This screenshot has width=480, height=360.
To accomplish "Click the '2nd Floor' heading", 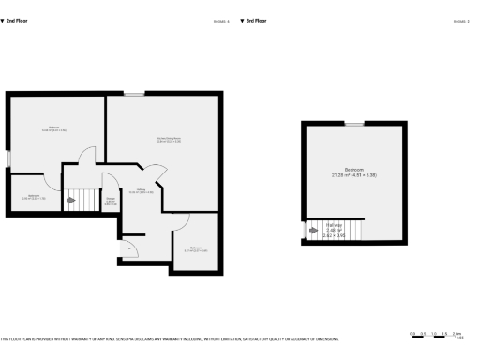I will coord(15,20).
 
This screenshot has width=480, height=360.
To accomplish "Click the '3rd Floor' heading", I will coord(255,20).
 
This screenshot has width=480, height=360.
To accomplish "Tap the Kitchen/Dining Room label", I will coord(168,141).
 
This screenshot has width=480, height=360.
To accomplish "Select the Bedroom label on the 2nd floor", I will coord(53,129).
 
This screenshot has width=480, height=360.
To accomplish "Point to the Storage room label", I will coord(110,201).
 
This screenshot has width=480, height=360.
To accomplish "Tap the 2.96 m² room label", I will coord(34,197).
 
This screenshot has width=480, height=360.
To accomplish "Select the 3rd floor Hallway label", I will coord(334,228).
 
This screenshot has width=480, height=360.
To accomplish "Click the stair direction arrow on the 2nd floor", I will coord(69,200).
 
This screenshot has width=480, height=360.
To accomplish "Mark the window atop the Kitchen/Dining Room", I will coord(136,93).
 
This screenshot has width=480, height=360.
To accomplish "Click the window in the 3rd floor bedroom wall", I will coord(353,123).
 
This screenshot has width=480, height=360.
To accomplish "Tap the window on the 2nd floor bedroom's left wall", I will coord(8,158).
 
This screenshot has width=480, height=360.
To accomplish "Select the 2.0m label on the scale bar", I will coord(458,333).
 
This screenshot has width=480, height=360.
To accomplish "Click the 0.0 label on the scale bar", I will coord(412,333).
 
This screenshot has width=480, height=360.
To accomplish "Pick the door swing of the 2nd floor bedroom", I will coord(86,156).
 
